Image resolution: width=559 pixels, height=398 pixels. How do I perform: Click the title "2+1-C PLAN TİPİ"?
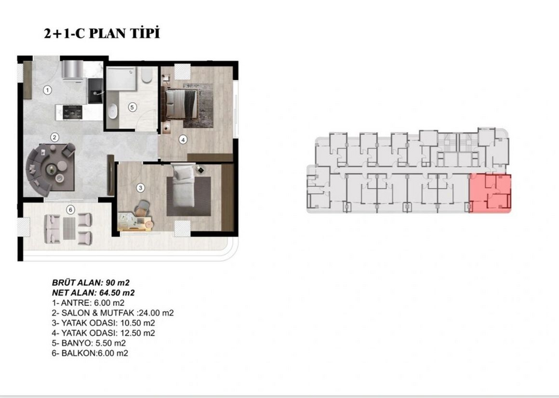tap(102, 33)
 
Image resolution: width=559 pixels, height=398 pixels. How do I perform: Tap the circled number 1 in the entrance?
tap(47, 90)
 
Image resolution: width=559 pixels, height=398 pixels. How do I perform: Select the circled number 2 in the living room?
tap(54, 137)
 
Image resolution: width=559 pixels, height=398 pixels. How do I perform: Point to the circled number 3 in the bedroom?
tap(140, 188)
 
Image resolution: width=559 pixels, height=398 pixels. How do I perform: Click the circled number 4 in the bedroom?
tap(183, 139)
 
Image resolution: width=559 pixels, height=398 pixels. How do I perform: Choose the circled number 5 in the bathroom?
tap(132, 107)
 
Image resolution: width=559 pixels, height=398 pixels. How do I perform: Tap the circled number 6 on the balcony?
tap(71, 210)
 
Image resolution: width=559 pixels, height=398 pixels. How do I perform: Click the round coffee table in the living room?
tap(53, 169)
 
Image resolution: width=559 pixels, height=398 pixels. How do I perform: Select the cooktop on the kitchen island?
tap(73, 113)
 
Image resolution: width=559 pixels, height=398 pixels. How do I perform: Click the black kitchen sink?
tap(95, 91)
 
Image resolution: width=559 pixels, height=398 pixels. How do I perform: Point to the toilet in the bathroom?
tap(147, 75)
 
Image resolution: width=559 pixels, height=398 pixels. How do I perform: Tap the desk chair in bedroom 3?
tap(142, 207)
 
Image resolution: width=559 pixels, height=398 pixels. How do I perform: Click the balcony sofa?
tap(52, 229)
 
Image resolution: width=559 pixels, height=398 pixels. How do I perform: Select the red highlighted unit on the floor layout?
tap(490, 193)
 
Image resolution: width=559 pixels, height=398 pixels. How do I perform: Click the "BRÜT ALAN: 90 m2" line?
tap(91, 283)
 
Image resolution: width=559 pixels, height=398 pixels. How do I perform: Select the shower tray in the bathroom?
tap(121, 79)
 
